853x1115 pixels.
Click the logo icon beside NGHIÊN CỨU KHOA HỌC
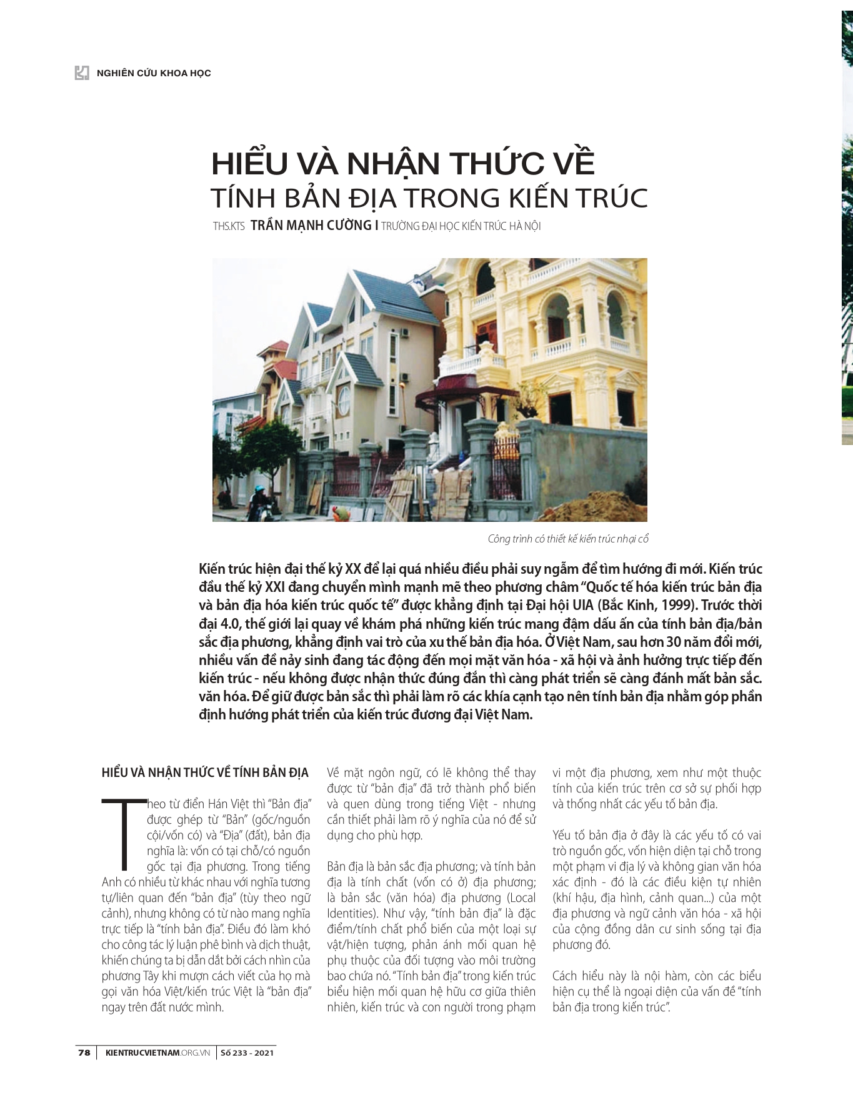(82, 72)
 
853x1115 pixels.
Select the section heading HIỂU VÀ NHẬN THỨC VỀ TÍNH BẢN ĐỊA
(205, 773)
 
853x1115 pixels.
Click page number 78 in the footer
(84, 1052)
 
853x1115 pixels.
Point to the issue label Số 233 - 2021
(247, 1052)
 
